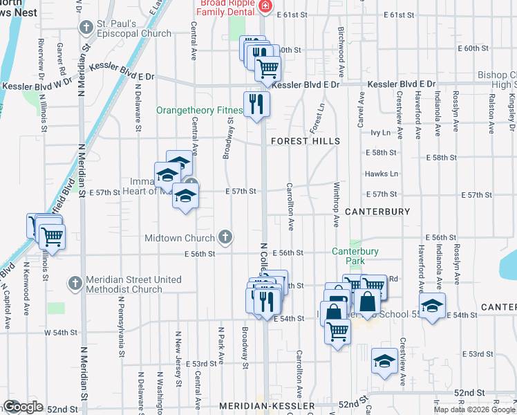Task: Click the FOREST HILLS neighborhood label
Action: [305, 141]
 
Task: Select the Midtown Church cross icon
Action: [225, 238]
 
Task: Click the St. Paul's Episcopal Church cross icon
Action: [86, 28]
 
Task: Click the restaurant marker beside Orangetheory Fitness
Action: [256, 104]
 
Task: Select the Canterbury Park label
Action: [355, 256]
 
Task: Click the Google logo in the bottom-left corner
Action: [23, 407]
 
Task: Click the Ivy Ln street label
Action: [382, 132]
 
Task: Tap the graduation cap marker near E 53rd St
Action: [384, 361]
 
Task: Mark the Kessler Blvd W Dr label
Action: [37, 86]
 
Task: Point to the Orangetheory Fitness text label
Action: [199, 110]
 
